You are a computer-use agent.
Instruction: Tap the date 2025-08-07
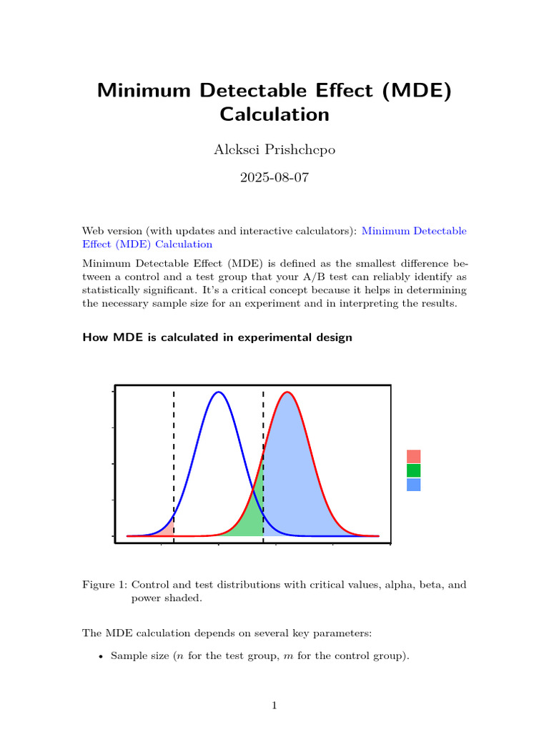click(274, 177)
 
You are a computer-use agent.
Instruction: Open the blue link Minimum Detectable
click(414, 231)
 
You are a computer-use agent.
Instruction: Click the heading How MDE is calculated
click(217, 337)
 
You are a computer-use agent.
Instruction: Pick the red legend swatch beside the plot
click(413, 456)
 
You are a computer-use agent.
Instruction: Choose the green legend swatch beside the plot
click(413, 470)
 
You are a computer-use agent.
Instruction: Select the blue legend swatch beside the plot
click(413, 485)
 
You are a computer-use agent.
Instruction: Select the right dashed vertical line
click(263, 429)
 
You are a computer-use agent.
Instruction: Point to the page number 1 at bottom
click(274, 706)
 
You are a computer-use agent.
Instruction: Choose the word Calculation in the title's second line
click(274, 114)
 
